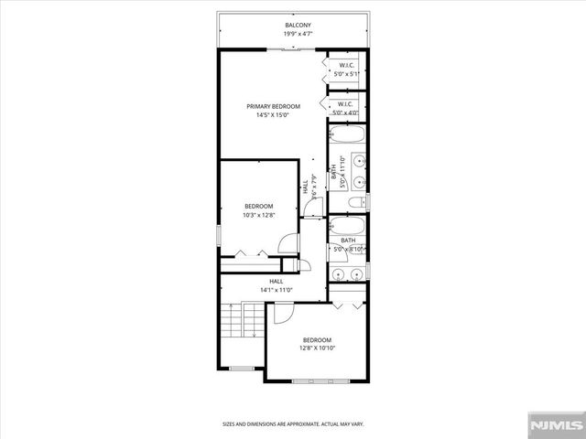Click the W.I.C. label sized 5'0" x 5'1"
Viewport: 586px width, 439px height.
tap(346, 65)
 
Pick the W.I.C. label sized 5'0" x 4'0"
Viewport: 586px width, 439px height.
tap(346, 103)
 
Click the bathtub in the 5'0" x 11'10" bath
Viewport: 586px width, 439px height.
tap(347, 136)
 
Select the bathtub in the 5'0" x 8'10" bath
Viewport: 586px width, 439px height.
tap(347, 226)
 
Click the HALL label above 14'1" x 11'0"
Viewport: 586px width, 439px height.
tap(276, 281)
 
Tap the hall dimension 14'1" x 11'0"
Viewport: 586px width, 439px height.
tap(276, 290)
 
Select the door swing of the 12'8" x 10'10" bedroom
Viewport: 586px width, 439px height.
tap(282, 313)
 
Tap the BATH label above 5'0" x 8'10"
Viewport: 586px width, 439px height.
tap(348, 241)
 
